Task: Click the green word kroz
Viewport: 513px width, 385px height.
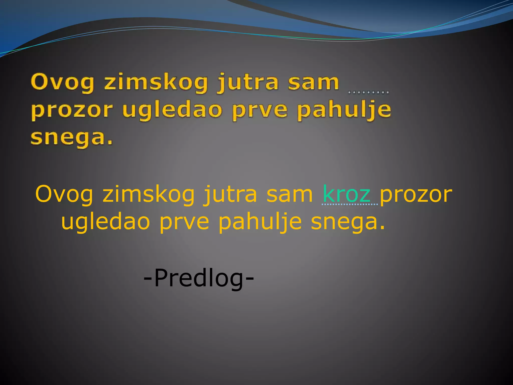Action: (346, 194)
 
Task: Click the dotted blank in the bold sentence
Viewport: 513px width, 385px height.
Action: (368, 92)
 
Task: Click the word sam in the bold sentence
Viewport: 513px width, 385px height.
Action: (314, 82)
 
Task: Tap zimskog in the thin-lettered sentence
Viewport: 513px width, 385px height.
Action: (149, 194)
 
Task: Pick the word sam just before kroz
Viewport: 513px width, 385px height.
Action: (290, 194)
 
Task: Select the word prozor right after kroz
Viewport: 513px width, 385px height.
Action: (416, 194)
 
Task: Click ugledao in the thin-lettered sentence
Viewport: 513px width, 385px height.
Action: (105, 222)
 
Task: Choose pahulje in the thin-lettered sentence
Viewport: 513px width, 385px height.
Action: (260, 222)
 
